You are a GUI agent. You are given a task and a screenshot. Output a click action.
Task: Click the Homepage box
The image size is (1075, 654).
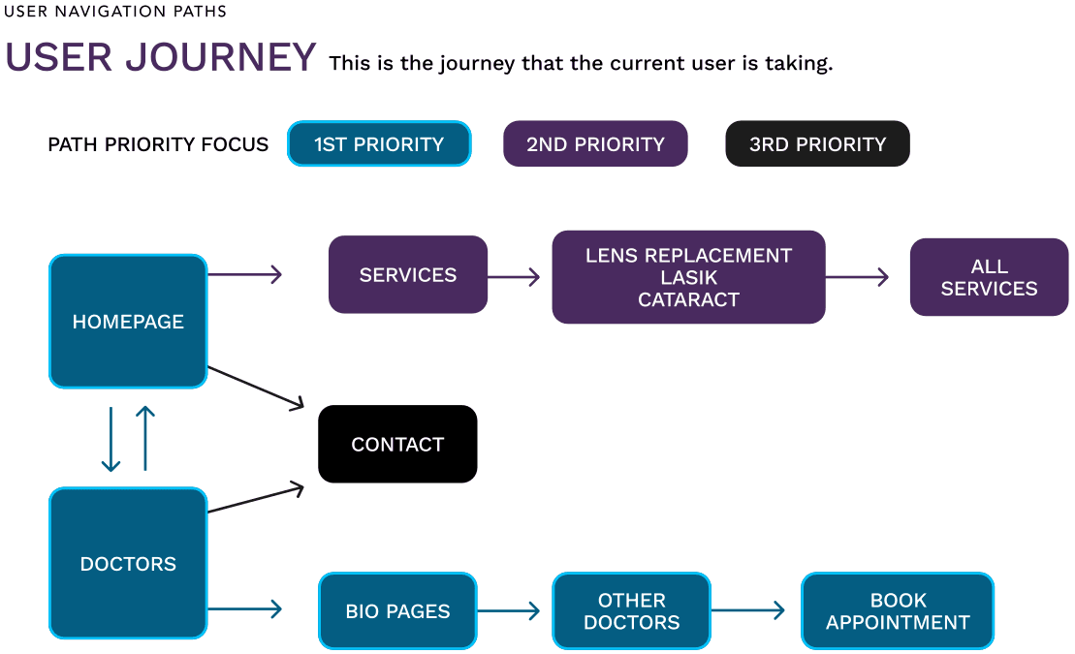pyautogui.click(x=128, y=322)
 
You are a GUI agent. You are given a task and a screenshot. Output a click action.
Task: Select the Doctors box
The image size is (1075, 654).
pyautogui.click(x=128, y=563)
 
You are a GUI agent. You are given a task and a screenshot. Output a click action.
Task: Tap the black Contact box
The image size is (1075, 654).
pyautogui.click(x=397, y=444)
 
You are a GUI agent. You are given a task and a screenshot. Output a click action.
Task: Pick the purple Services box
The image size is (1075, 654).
pyautogui.click(x=408, y=274)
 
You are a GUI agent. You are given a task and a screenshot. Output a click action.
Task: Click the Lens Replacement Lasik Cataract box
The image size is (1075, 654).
pyautogui.click(x=688, y=277)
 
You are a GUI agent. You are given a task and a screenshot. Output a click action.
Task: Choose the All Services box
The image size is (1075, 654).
pyautogui.click(x=990, y=277)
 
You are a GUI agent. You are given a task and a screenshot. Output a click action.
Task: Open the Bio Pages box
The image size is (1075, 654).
pyautogui.click(x=397, y=610)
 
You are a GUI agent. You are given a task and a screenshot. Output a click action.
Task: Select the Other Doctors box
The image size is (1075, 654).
pyautogui.click(x=631, y=610)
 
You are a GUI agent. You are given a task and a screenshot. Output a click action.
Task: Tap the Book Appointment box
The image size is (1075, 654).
pyautogui.click(x=898, y=610)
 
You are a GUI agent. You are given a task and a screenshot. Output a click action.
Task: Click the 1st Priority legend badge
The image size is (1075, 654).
pyautogui.click(x=379, y=144)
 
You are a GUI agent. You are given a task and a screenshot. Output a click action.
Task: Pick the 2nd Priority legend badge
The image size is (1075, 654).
pyautogui.click(x=596, y=144)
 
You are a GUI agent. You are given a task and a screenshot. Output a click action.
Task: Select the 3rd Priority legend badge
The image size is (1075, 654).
pyautogui.click(x=818, y=144)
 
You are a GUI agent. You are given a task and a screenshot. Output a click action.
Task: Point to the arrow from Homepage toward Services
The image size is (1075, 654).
pyautogui.click(x=244, y=274)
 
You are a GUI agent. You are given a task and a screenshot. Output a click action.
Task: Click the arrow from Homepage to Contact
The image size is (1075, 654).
pyautogui.click(x=256, y=388)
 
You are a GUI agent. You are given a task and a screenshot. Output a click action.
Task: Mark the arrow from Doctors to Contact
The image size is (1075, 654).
pyautogui.click(x=256, y=499)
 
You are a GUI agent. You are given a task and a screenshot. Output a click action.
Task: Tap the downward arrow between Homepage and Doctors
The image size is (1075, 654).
pyautogui.click(x=111, y=440)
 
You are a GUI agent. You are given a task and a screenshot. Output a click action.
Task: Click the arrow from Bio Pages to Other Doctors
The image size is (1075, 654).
pyautogui.click(x=509, y=610)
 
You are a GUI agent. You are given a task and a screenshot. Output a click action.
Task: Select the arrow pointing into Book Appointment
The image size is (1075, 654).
pyautogui.click(x=748, y=610)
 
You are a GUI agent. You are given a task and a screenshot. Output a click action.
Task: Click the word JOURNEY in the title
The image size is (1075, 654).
pyautogui.click(x=221, y=57)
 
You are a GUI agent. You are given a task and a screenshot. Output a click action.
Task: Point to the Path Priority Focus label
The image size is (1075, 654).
pyautogui.click(x=158, y=144)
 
